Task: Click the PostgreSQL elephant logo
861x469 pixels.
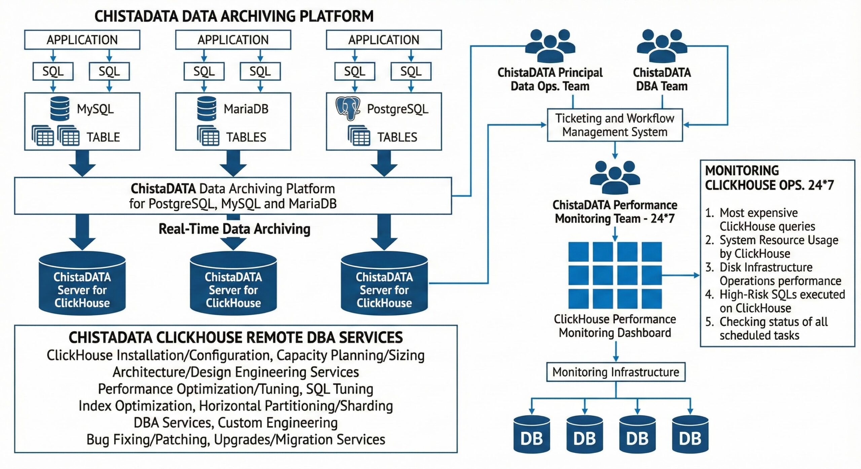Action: tap(348, 109)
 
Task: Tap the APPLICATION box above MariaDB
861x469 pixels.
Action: tap(233, 40)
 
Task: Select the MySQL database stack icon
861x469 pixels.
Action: tap(60, 109)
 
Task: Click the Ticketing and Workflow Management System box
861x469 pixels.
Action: tap(614, 125)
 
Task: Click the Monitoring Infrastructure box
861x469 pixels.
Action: tap(615, 372)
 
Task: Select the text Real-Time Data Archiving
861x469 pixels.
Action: tap(234, 229)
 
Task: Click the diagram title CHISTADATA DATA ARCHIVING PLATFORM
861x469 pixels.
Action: tap(234, 16)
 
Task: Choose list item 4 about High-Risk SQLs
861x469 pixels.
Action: tap(775, 301)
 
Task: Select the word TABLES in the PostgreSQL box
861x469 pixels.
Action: tap(397, 137)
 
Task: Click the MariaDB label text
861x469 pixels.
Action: tap(246, 109)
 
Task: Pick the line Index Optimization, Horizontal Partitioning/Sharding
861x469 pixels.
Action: tap(235, 406)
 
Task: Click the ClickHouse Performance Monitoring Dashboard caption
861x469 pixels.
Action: tap(615, 326)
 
